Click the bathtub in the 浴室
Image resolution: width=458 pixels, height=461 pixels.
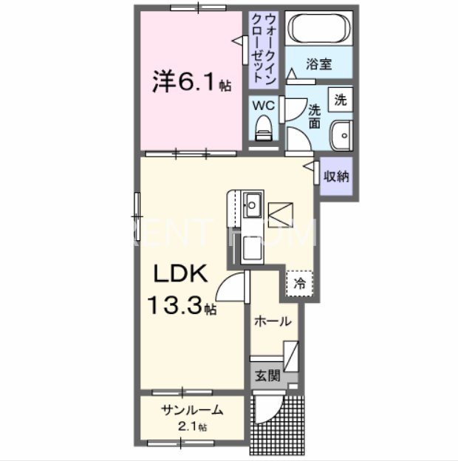coord(318,30)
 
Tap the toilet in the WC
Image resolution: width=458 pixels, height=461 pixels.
coord(264,130)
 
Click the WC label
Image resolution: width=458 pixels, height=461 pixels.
coord(264,106)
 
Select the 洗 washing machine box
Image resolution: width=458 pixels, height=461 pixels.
coord(340,99)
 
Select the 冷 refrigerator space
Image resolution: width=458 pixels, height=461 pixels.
coord(300,282)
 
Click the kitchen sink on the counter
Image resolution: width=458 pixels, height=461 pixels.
coord(252,201)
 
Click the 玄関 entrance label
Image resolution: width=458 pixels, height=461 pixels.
coord(267,375)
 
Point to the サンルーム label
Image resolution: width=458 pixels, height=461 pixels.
coord(191,411)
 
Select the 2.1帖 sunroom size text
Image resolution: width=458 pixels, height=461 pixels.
coord(192,426)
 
